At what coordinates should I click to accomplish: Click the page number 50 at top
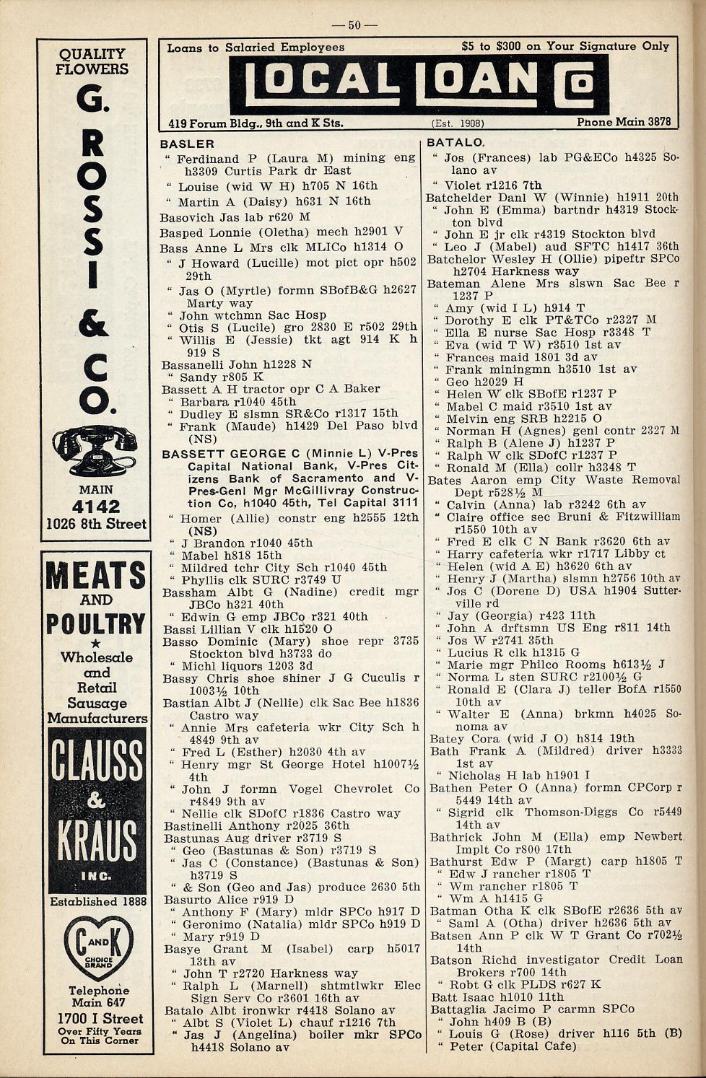click(354, 25)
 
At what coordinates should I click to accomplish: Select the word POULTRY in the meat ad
click(96, 623)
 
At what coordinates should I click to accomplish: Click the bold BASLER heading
click(188, 144)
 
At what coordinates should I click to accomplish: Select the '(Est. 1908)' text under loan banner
click(458, 123)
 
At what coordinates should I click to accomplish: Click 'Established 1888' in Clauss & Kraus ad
click(97, 901)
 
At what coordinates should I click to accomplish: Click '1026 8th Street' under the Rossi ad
click(96, 524)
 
